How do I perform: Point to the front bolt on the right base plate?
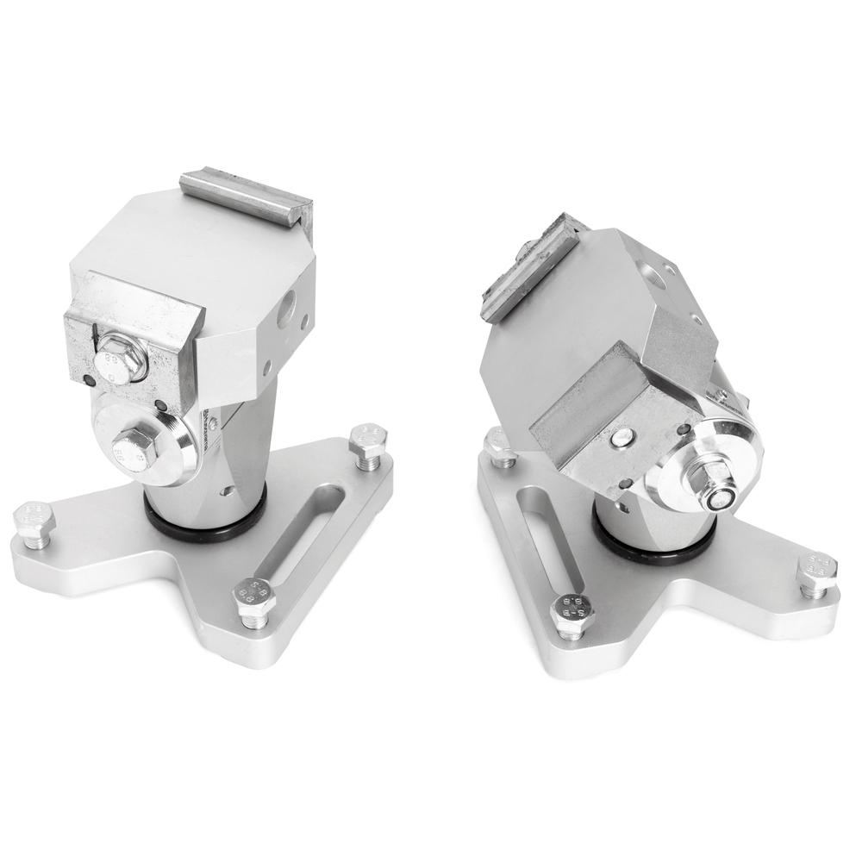click(x=570, y=613)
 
